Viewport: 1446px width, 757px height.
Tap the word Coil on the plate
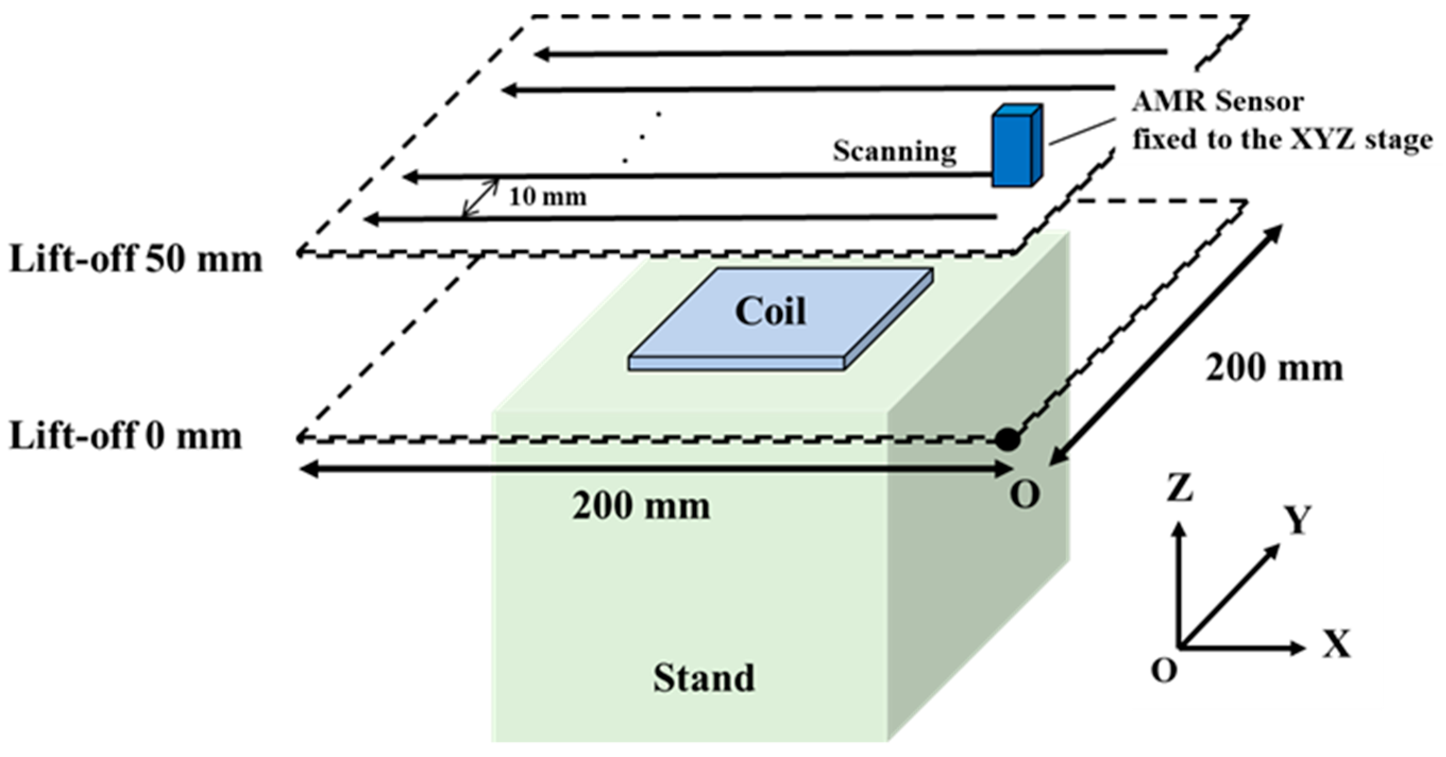tap(770, 311)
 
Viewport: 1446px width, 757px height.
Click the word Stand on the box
tap(704, 678)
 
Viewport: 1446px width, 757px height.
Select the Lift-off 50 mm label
tap(137, 260)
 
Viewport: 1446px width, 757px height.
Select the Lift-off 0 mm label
tap(126, 437)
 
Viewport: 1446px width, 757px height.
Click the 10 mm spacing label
tap(548, 197)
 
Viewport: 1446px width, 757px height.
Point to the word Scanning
tap(894, 151)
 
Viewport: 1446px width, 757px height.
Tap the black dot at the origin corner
tap(1008, 439)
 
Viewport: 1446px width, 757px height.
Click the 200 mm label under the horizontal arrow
tap(641, 507)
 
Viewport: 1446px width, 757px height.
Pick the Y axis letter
tap(1298, 520)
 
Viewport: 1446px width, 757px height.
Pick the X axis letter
tap(1337, 644)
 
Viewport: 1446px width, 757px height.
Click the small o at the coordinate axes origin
tap(1164, 669)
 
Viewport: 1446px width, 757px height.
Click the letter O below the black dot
tap(1025, 495)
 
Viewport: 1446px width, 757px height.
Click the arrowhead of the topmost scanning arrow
tap(540, 54)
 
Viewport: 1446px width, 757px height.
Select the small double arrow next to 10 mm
tap(480, 198)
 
